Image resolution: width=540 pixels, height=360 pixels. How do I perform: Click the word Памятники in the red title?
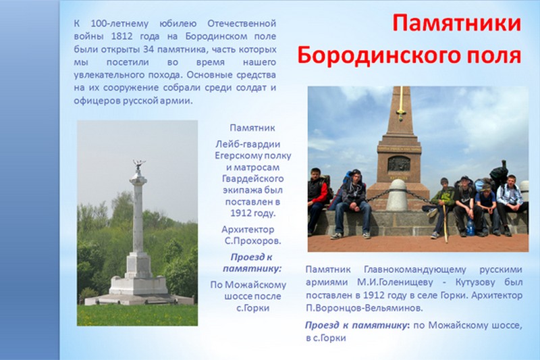456,23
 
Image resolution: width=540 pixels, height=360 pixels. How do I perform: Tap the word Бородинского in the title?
379,55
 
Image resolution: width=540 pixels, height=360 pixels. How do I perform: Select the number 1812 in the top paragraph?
122,36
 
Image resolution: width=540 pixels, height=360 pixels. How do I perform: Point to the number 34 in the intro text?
148,49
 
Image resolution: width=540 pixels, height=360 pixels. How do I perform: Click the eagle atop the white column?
138,165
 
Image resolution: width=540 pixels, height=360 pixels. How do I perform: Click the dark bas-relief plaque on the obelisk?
399,163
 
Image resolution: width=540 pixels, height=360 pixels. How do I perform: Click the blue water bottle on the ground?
470,227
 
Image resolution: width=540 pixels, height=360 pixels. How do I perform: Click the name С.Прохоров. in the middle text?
252,241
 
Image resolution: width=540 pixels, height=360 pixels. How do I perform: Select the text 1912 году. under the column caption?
252,213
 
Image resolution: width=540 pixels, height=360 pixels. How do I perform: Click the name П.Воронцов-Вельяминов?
364,308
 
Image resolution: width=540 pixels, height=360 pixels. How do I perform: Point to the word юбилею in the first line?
178,24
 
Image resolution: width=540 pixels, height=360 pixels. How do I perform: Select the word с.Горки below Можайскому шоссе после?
252,307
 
